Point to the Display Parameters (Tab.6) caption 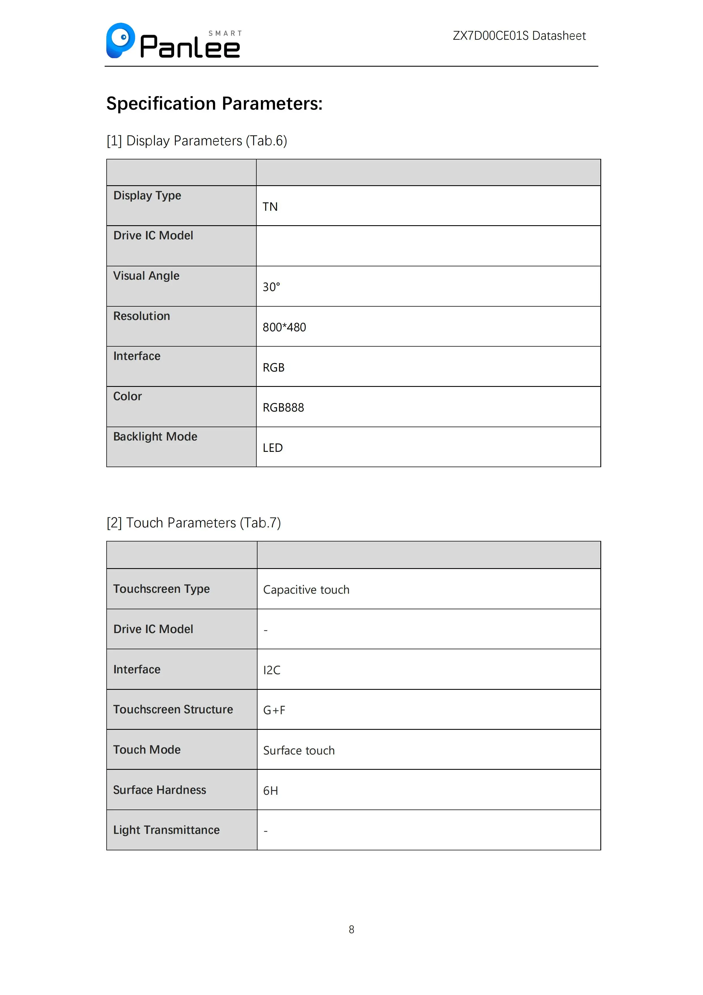pos(197,141)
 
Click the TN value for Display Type pos(270,207)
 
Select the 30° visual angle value pos(271,287)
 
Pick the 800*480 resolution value pos(284,327)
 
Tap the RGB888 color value pos(283,407)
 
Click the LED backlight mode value pos(273,448)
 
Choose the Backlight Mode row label pos(155,437)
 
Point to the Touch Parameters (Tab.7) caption pos(194,523)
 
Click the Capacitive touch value pos(306,589)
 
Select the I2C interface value pos(272,670)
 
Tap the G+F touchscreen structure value pos(274,710)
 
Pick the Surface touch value pos(299,750)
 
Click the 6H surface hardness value pos(270,790)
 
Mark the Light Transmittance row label pos(166,830)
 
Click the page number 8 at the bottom pos(351,929)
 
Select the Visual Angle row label pos(146,276)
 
